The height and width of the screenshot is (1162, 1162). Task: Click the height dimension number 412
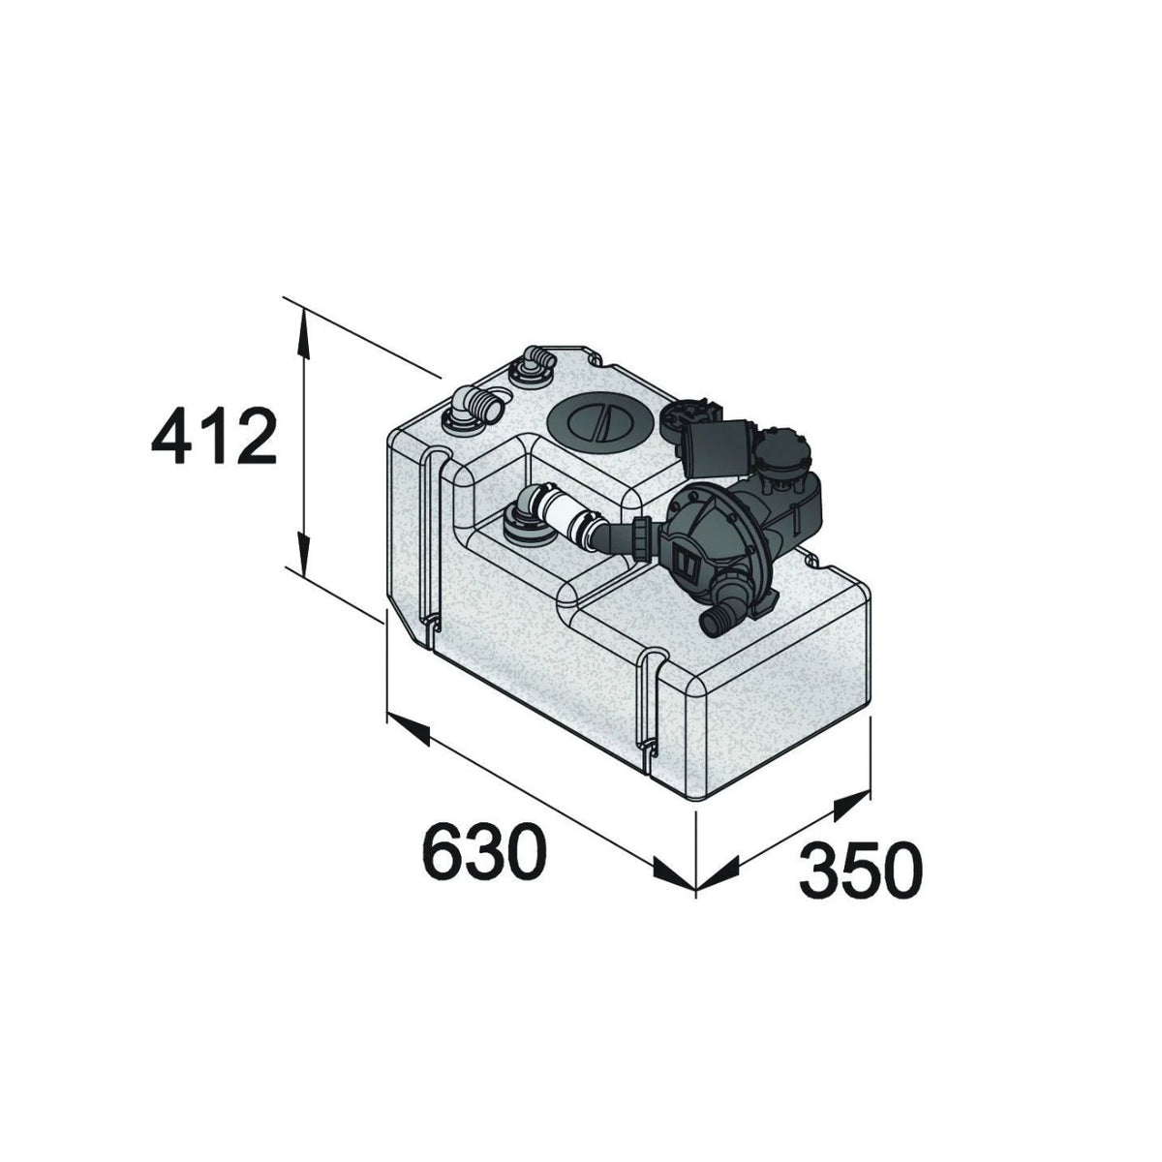213,436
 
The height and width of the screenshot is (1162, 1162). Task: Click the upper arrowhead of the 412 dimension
304,335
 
